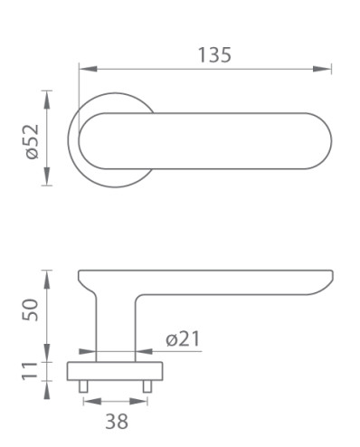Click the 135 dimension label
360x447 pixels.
214,55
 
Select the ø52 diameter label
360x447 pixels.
33,141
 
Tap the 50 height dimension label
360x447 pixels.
31,309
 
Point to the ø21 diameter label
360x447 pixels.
183,338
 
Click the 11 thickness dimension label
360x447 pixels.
30,370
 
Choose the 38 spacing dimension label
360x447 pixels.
117,421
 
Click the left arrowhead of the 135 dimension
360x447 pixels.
88,69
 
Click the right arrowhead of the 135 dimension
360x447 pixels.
322,69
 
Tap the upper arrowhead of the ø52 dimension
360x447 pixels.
46,100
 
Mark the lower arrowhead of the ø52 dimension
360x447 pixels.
46,176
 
